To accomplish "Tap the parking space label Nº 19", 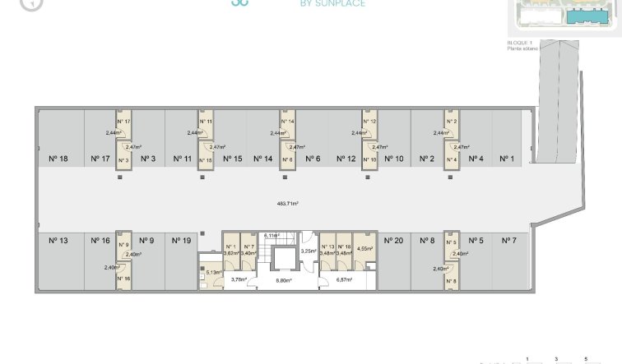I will (181, 241).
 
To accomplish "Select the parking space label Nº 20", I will (393, 241).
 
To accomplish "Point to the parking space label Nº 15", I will (232, 159).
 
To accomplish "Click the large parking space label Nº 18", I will (58, 159).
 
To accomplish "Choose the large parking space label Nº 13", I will (58, 241).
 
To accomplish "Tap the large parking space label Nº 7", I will (508, 241).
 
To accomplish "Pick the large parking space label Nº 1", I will (508, 159).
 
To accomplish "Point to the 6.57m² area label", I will (344, 280).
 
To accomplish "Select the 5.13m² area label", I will (215, 272).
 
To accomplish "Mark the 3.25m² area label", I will (309, 251).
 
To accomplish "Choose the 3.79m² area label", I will (239, 280).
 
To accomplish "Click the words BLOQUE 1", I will (520, 43).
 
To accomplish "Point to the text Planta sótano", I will (522, 49).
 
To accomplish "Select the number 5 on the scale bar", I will (586, 359).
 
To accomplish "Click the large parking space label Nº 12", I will (346, 159).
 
